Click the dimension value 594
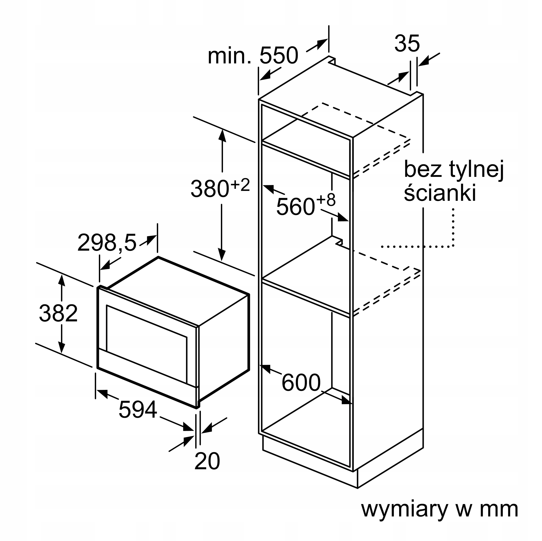coord(138,410)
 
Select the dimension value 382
coord(58,313)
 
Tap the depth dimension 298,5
coord(107,243)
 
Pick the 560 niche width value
coord(296,207)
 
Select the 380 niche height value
coord(210,189)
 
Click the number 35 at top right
coord(407,44)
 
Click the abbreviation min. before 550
coord(230,56)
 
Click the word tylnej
coord(477,169)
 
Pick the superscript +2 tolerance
coord(240,185)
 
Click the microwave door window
coord(147,344)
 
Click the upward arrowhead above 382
coord(62,280)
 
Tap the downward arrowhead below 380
coord(222,255)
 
